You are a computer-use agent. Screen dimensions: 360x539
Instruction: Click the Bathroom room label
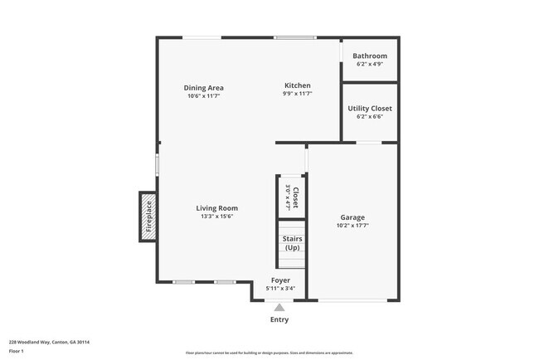370,56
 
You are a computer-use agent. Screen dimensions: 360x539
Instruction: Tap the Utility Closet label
370,108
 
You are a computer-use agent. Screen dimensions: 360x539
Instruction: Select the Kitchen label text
297,85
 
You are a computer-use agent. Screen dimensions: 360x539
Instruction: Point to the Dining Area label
203,88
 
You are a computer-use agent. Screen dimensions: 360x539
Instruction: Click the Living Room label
217,208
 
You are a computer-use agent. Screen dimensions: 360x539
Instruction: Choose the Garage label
352,217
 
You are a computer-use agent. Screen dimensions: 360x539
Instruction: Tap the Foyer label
280,280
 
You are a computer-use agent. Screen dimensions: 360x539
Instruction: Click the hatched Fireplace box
148,217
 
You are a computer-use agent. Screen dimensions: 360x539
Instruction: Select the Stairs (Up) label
292,243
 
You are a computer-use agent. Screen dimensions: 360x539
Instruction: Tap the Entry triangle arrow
279,307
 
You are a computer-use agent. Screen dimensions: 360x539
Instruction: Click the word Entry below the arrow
279,320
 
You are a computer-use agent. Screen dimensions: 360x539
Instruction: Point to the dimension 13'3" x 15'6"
217,216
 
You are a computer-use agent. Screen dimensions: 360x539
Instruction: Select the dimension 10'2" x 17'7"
352,226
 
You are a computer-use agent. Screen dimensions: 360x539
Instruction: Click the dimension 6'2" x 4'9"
370,64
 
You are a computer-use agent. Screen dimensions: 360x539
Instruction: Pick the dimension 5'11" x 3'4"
280,289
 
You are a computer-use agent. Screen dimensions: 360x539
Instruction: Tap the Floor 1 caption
17,351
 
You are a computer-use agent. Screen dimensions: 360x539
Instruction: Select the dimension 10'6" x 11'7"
203,96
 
